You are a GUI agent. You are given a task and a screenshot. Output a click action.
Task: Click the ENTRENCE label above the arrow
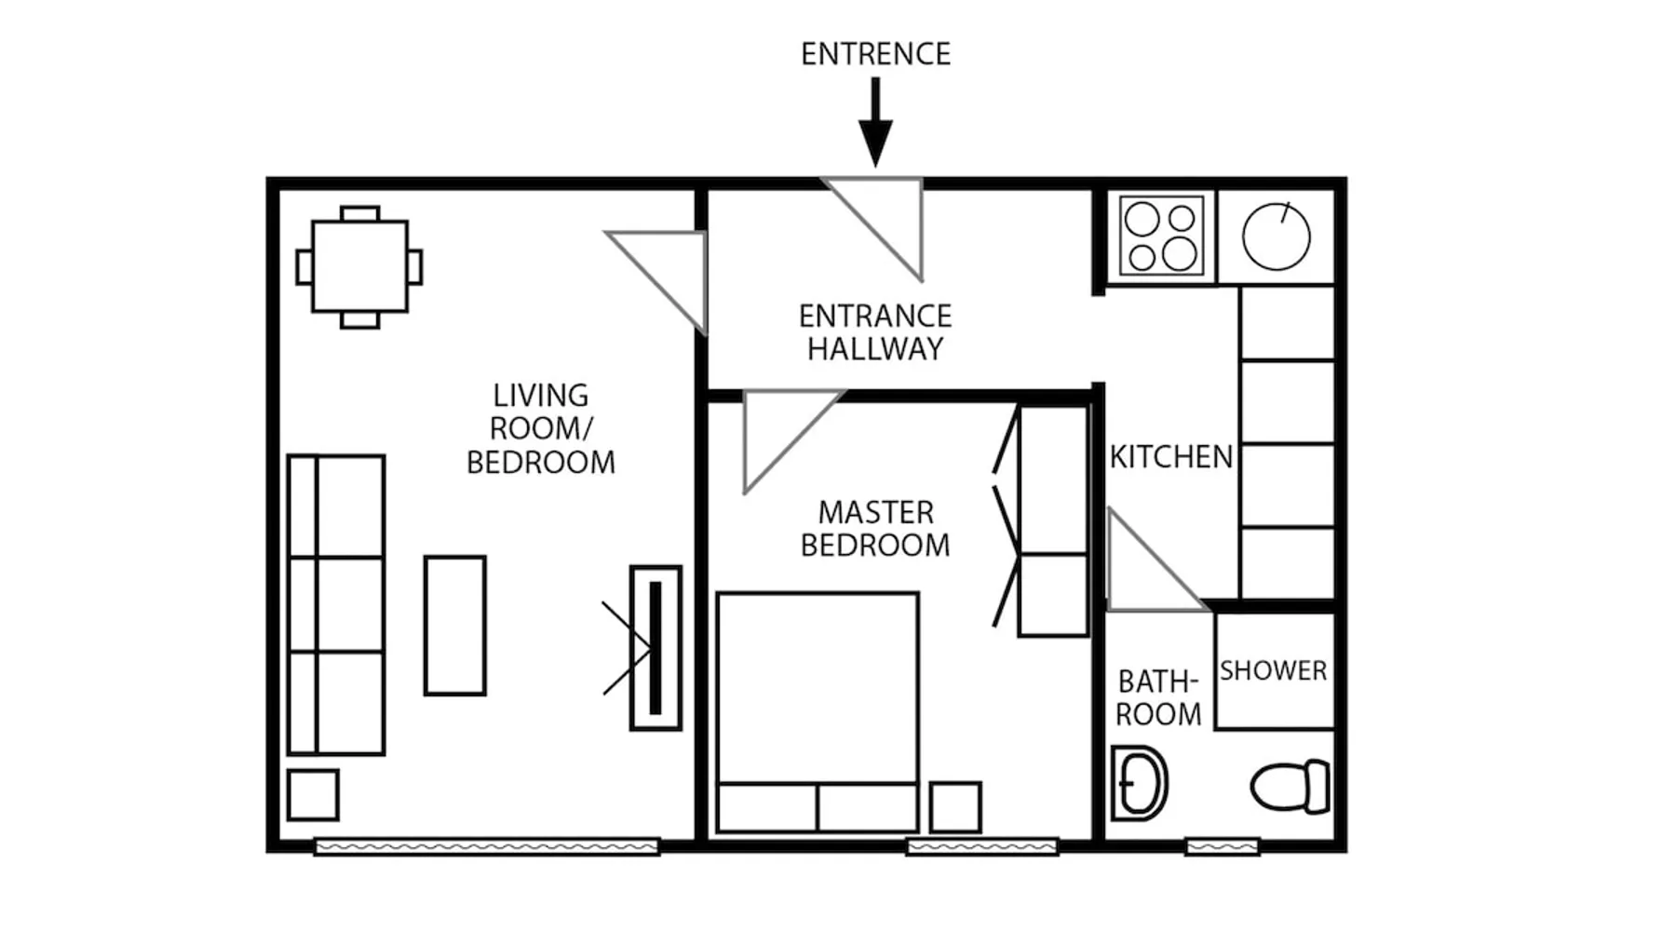click(x=875, y=54)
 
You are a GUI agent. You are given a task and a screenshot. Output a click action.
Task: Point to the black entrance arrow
click(x=875, y=122)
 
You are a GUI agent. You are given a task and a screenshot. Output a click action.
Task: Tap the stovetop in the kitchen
click(x=1162, y=236)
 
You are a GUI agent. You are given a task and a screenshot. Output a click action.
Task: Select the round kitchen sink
click(x=1277, y=236)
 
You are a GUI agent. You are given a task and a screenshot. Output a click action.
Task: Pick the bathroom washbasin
click(x=1139, y=783)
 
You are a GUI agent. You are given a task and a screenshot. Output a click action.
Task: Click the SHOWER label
click(x=1273, y=670)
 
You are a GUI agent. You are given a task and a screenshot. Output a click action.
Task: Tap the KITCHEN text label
click(x=1170, y=457)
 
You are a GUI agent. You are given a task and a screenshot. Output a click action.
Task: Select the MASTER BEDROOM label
click(x=875, y=529)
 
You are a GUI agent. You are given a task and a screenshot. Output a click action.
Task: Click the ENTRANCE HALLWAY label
click(x=875, y=332)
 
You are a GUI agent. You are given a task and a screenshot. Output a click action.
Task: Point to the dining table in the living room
click(x=359, y=267)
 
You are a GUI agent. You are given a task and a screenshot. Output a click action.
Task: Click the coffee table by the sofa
click(x=455, y=626)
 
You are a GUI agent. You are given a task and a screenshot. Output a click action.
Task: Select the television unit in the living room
click(x=656, y=648)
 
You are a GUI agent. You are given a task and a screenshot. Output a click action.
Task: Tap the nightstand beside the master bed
click(x=955, y=807)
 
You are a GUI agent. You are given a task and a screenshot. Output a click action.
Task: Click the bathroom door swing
click(x=1155, y=560)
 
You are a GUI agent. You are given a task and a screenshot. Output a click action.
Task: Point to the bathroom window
click(x=1222, y=846)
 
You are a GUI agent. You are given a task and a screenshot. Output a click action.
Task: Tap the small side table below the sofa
click(x=313, y=794)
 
